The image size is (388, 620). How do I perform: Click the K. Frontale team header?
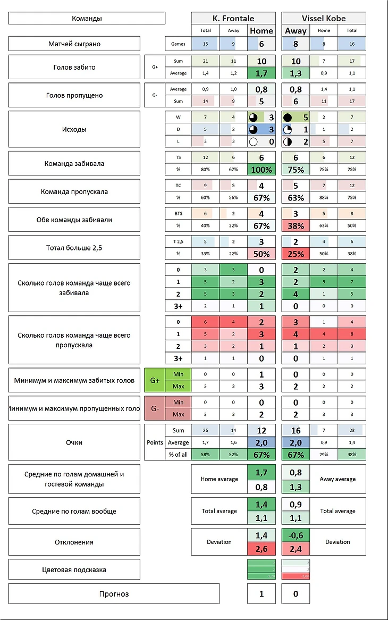point(233,18)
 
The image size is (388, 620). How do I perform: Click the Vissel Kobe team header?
point(323,18)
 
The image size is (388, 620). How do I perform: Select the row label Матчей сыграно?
point(74,44)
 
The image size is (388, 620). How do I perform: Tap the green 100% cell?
point(262,170)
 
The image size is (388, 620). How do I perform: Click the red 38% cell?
point(296,225)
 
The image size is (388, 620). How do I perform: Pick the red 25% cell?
point(296,254)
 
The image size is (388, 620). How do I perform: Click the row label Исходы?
point(74,129)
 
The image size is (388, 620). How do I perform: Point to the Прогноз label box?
point(114,593)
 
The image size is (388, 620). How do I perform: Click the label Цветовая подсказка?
point(74,569)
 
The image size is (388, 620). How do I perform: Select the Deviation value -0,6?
point(296,535)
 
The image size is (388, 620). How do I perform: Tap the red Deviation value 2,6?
point(262,549)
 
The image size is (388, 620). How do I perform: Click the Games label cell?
point(178,44)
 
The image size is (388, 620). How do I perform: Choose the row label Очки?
point(74,442)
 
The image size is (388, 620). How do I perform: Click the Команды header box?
point(87,19)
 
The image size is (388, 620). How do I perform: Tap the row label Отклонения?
point(74,542)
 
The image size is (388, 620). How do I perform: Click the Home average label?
point(219,479)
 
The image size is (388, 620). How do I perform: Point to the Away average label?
point(338,479)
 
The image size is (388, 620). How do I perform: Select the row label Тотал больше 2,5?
point(74,247)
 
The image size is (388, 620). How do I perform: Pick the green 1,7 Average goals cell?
point(262,73)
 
